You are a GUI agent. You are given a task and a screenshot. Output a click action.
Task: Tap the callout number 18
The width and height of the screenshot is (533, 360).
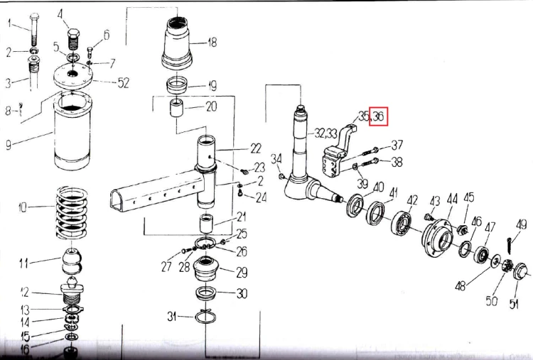(x=211, y=43)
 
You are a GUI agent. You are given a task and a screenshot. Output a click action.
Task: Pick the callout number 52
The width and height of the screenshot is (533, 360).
(x=124, y=83)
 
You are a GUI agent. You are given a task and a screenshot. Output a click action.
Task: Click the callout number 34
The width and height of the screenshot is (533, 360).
(x=276, y=158)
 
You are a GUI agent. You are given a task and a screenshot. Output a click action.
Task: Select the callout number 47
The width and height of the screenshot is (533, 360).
(x=490, y=227)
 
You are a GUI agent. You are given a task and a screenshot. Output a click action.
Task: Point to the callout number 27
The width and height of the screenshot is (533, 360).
(x=166, y=268)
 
